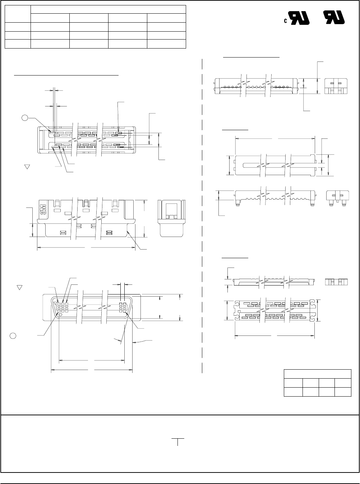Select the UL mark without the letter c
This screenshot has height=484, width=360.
click(x=334, y=17)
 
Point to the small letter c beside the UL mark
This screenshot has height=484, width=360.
click(x=285, y=21)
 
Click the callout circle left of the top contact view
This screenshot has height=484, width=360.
click(x=25, y=118)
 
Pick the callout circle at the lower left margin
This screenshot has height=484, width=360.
click(x=13, y=335)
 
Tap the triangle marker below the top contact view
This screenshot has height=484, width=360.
click(x=27, y=167)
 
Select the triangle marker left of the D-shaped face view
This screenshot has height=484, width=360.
click(x=20, y=288)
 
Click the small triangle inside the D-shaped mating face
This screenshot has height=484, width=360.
click(x=55, y=303)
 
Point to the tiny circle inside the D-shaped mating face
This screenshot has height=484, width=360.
click(x=61, y=314)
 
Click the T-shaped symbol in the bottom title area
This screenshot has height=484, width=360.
click(x=178, y=442)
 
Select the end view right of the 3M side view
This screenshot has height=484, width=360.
click(x=171, y=218)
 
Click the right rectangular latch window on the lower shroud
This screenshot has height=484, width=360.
click(x=109, y=233)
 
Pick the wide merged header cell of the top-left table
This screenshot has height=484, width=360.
click(x=108, y=9)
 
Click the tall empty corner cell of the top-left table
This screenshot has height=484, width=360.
click(x=18, y=14)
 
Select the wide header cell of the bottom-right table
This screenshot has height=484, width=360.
click(x=318, y=374)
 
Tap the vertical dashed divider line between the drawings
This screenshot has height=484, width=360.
click(x=202, y=216)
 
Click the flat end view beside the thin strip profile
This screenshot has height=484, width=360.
click(x=336, y=282)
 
